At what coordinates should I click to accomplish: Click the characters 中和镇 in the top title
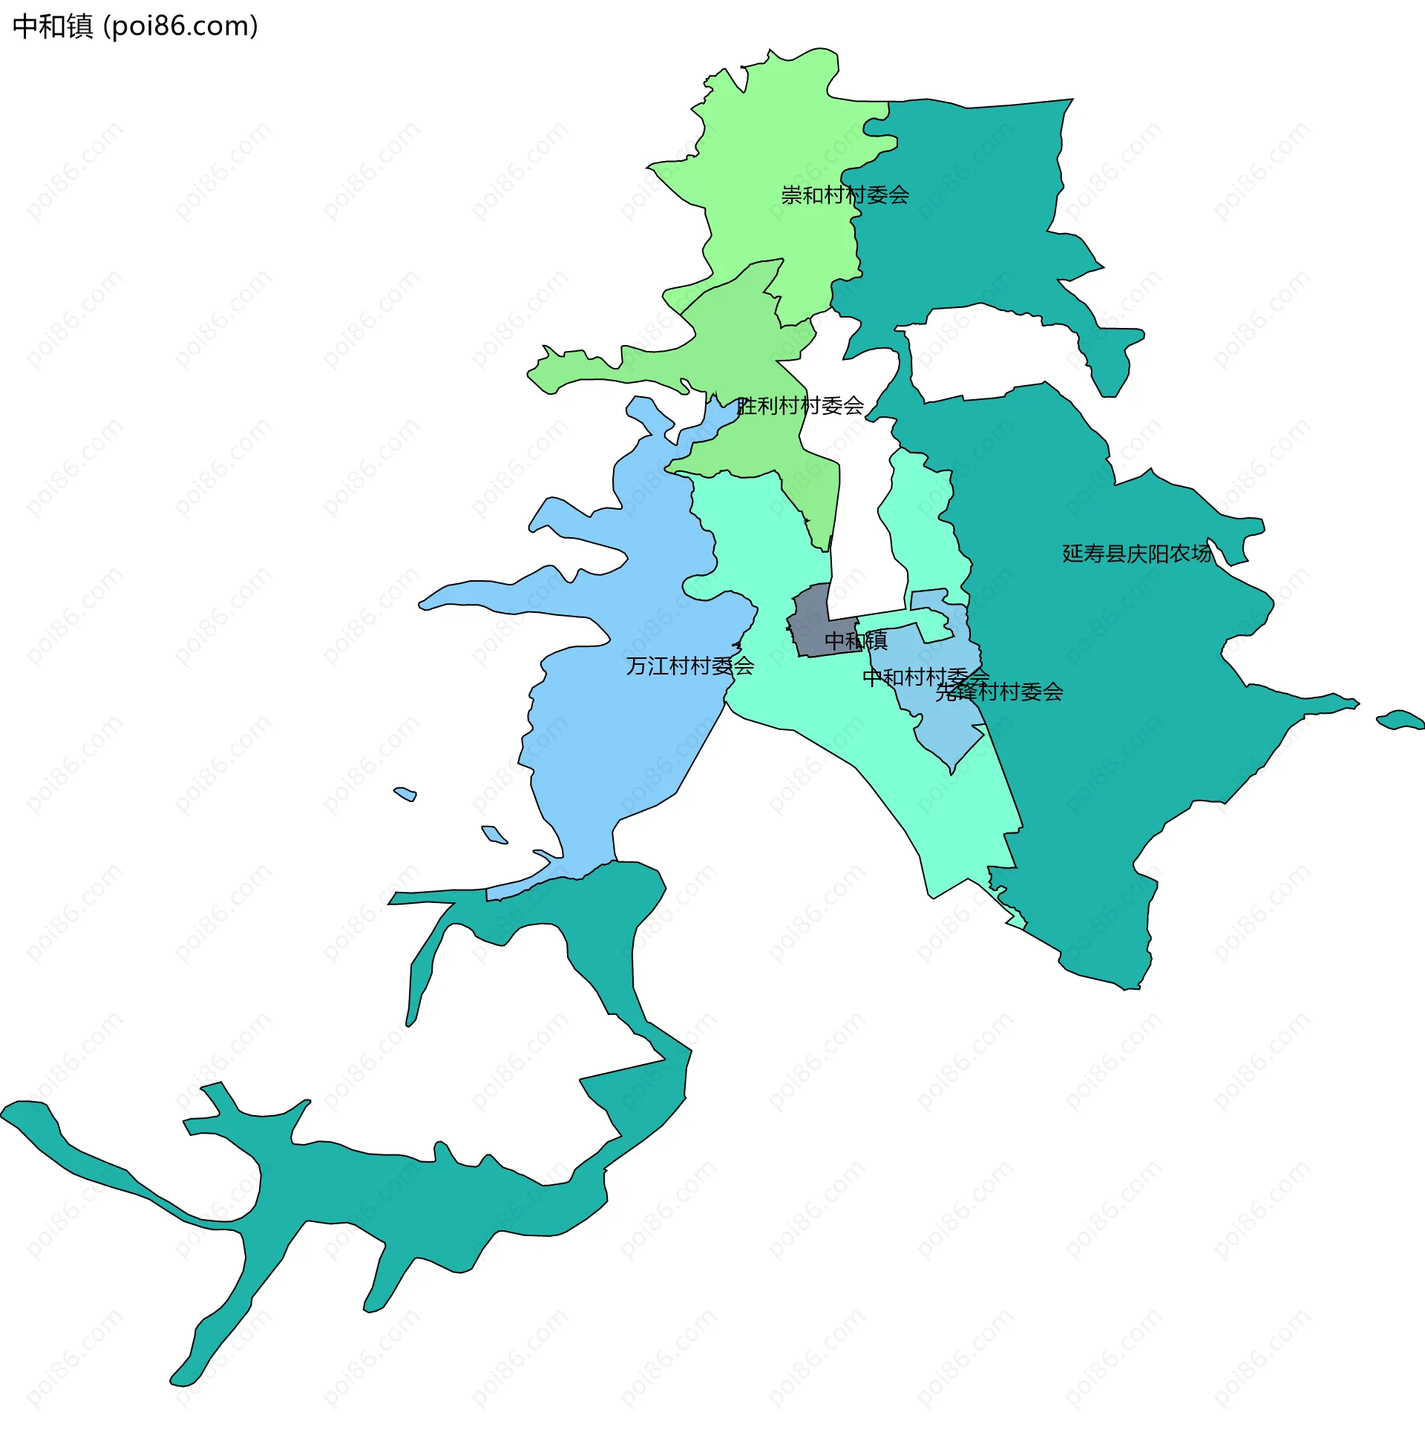coord(53,27)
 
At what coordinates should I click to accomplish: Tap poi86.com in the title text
coord(180,27)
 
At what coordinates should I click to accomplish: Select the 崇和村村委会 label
coord(845,195)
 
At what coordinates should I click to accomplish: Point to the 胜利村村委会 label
coord(800,406)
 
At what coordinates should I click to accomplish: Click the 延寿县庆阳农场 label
coord(1136,554)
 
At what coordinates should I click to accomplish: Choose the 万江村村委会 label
coord(689,666)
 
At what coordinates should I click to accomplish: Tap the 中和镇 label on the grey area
coord(856,640)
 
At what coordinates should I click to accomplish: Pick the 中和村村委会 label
coord(925,677)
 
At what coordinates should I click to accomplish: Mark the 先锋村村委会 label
coord(998,692)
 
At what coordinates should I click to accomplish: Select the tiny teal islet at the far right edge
coord(1400,719)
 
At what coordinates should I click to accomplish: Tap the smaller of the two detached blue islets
coord(406,793)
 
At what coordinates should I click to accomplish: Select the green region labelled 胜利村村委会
coord(743,349)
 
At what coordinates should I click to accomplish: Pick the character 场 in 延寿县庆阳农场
coord(1201,554)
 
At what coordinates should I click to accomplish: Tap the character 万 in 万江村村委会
coord(637,666)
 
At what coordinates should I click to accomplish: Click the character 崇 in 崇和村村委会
coord(792,195)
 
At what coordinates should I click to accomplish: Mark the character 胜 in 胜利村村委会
coord(747,406)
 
